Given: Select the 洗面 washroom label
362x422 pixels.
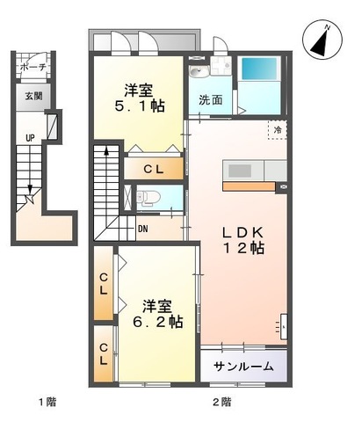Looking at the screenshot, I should [x=209, y=100].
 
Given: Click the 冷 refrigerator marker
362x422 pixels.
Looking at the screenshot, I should [x=278, y=130].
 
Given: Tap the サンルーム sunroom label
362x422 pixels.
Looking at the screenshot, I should [x=243, y=367].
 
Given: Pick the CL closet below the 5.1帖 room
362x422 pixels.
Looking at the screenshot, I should [x=155, y=167].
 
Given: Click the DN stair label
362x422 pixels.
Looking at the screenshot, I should [x=143, y=230].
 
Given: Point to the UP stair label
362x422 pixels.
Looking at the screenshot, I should [x=29, y=138].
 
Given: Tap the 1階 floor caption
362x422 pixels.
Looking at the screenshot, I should [x=47, y=403].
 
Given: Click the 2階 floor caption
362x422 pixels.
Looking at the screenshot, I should [x=221, y=403].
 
